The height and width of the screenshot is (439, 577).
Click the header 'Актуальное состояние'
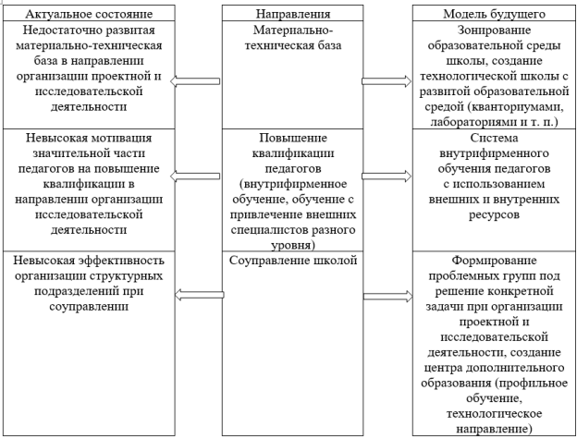pyautogui.click(x=89, y=14)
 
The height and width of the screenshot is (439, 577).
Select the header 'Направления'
pyautogui.click(x=293, y=14)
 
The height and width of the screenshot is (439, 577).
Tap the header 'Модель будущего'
pyautogui.click(x=494, y=14)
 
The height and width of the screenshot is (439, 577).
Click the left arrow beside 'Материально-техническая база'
pyautogui.click(x=195, y=81)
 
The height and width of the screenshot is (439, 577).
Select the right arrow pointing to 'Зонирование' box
pyautogui.click(x=387, y=81)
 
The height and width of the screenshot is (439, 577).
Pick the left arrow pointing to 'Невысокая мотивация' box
pyautogui.click(x=195, y=177)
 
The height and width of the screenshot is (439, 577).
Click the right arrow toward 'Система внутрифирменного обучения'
pyautogui.click(x=387, y=177)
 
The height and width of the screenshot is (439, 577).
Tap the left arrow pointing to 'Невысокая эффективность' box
pyautogui.click(x=199, y=295)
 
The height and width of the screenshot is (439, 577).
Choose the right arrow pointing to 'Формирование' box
pyautogui.click(x=388, y=297)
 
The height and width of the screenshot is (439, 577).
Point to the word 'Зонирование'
pyautogui.click(x=494, y=30)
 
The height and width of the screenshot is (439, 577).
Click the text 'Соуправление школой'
pyautogui.click(x=293, y=261)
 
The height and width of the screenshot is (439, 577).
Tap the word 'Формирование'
pyautogui.click(x=494, y=261)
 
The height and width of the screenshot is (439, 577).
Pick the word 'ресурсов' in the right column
pyautogui.click(x=494, y=214)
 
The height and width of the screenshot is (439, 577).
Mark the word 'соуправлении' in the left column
pyautogui.click(x=89, y=307)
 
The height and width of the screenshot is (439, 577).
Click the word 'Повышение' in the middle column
pyautogui.click(x=293, y=138)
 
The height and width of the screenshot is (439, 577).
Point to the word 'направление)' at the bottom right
pyautogui.click(x=494, y=429)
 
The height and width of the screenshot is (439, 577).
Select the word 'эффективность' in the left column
pyautogui.click(x=121, y=261)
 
